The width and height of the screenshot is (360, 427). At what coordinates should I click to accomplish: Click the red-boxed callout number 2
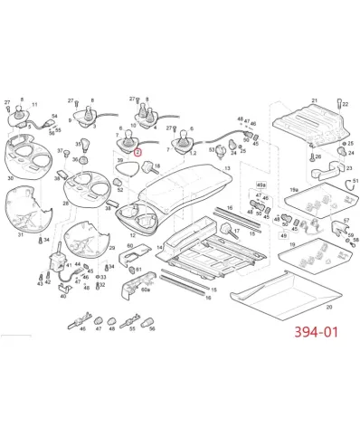pos(137,152)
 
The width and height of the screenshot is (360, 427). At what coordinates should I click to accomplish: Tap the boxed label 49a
pos(261,184)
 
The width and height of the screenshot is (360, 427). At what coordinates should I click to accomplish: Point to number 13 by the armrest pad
pos(228,169)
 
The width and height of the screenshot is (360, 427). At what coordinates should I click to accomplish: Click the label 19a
pos(292,188)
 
